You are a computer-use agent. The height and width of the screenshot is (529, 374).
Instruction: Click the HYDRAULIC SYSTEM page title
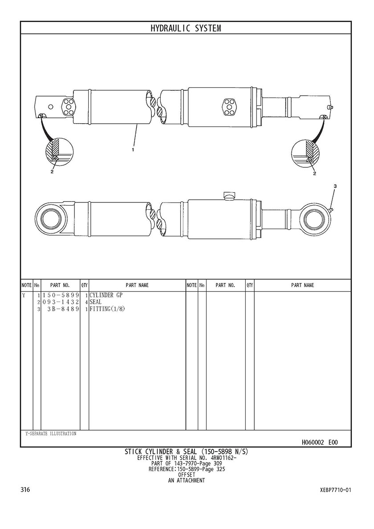pyautogui.click(x=186, y=28)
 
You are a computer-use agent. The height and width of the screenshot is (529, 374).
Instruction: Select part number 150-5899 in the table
pyautogui.click(x=61, y=295)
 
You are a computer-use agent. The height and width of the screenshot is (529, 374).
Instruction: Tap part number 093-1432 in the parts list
pyautogui.click(x=61, y=302)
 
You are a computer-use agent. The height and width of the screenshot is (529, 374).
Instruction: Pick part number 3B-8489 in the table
pyautogui.click(x=64, y=309)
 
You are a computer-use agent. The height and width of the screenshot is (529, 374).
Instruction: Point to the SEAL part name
pyautogui.click(x=96, y=302)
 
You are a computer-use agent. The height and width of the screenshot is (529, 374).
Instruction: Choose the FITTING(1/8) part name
pyautogui.click(x=107, y=309)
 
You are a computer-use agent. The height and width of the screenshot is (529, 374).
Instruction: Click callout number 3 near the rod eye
pyautogui.click(x=335, y=186)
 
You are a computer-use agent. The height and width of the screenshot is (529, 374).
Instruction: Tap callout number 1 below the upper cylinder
pyautogui.click(x=133, y=149)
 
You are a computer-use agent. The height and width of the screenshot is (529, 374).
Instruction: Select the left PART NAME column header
pyautogui.click(x=137, y=286)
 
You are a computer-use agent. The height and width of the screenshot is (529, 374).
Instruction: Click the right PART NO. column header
pyautogui.click(x=225, y=286)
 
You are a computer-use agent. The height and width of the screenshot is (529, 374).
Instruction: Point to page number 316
pyautogui.click(x=26, y=489)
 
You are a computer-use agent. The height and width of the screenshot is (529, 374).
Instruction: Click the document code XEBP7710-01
pyautogui.click(x=335, y=490)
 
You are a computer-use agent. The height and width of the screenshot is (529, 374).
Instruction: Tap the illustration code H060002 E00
pyautogui.click(x=319, y=442)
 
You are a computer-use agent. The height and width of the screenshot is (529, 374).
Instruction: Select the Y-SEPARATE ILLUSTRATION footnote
pyautogui.click(x=51, y=433)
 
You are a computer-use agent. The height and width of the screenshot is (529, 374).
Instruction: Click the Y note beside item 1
pyautogui.click(x=24, y=295)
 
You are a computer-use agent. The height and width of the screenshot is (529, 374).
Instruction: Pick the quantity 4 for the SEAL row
pyautogui.click(x=86, y=302)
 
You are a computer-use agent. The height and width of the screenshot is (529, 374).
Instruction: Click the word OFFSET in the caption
pyautogui.click(x=187, y=475)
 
